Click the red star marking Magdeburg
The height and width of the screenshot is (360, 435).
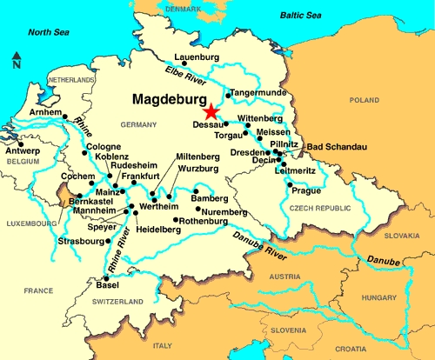click(x=210, y=110)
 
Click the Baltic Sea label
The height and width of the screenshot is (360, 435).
click(x=304, y=16)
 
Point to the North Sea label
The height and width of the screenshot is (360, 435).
click(x=50, y=31)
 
